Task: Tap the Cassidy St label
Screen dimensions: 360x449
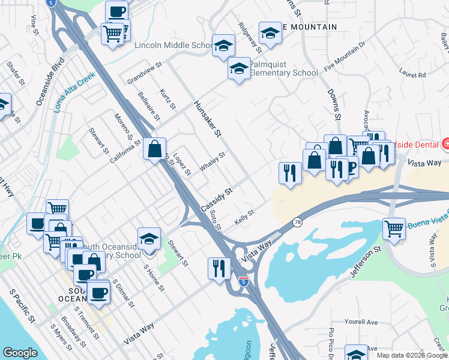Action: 216,199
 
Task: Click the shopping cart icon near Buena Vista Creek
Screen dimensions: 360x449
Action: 394,229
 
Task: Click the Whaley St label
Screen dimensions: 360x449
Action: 212,161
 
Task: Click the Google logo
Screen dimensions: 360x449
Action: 20,353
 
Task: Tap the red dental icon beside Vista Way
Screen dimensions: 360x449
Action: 446,143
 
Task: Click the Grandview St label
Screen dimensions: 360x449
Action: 145,73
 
